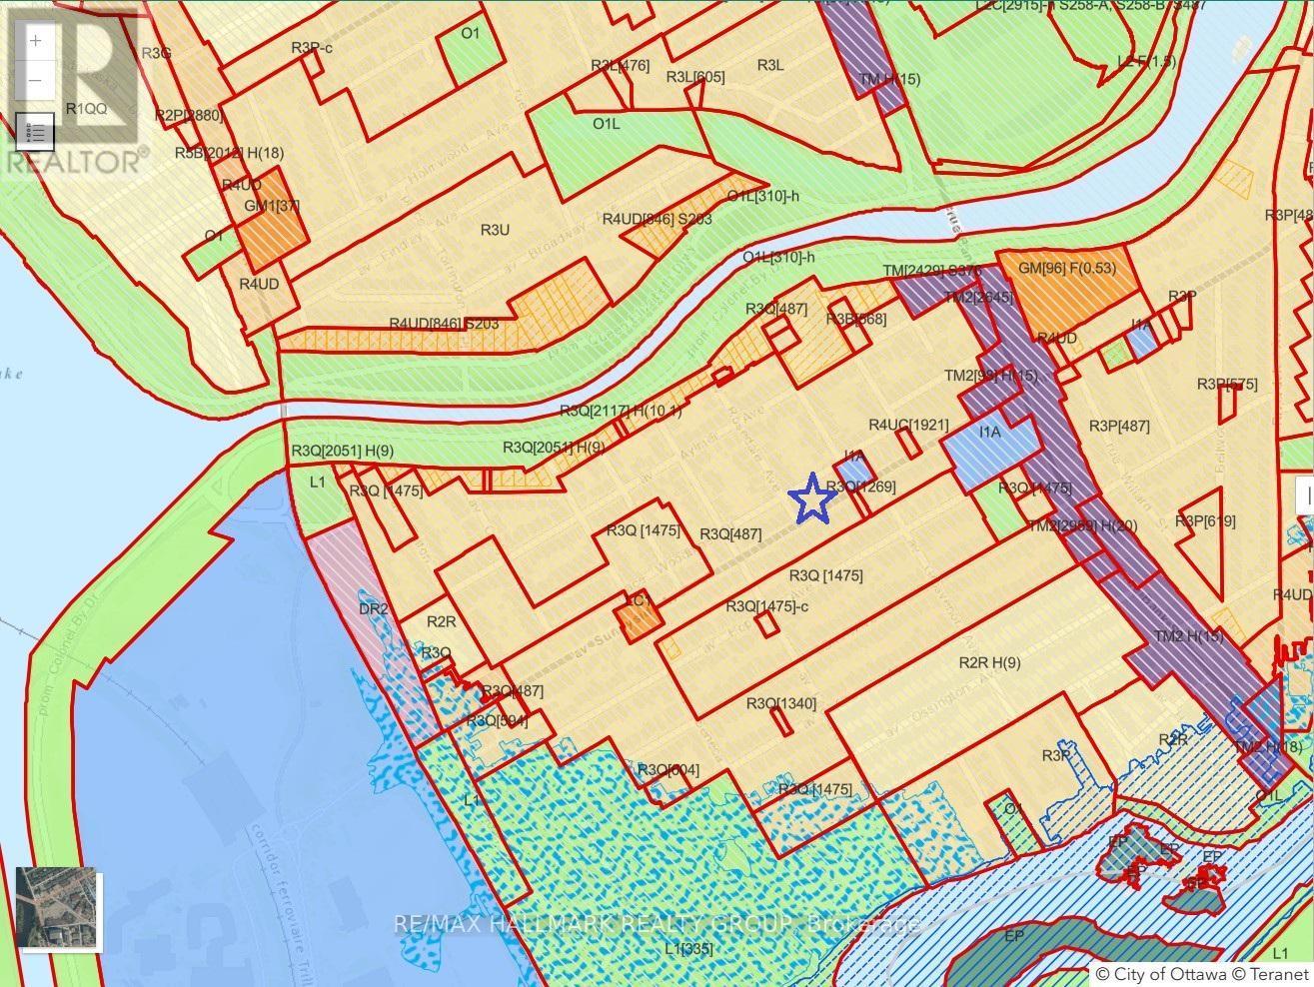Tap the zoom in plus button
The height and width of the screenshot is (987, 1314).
(36, 41)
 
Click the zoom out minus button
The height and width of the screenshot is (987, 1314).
(36, 80)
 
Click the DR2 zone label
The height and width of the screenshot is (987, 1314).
(373, 608)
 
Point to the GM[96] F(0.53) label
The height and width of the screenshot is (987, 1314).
(1066, 268)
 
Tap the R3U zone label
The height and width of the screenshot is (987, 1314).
(495, 230)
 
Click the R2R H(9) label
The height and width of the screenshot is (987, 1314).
(989, 662)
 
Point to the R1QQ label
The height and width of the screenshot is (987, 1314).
(86, 108)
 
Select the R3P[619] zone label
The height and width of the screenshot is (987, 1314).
(1205, 520)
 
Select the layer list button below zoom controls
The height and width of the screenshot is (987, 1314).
(36, 131)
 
